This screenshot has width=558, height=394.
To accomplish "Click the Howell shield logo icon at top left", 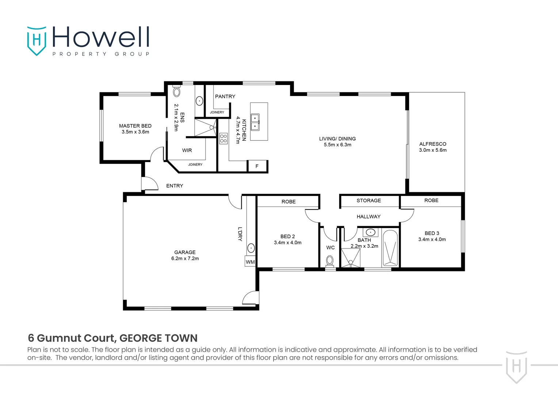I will [37, 40].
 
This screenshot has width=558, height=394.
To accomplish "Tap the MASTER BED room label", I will [135, 126].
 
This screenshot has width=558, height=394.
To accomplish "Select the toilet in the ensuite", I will [176, 91].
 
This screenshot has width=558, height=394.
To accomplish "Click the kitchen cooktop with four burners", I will [223, 138].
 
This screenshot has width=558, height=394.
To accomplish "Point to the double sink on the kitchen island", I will [255, 122].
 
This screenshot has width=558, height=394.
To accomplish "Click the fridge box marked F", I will [257, 166].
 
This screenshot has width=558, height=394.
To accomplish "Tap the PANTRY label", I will [225, 96].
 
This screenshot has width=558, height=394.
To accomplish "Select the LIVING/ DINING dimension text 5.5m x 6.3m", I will [337, 145].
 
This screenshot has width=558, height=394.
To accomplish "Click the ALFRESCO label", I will [433, 144].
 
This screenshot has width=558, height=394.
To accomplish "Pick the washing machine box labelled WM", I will [250, 262].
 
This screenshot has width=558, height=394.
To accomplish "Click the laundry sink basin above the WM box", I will [251, 248].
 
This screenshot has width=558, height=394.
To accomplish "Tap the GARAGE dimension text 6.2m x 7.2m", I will [185, 258].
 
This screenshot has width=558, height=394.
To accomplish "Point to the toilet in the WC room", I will [330, 261].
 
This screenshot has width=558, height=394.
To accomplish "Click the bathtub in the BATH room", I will [390, 248].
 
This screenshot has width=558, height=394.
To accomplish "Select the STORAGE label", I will [368, 200].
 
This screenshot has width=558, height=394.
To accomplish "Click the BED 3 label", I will [432, 233].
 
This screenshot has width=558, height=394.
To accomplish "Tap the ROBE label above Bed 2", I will [288, 201].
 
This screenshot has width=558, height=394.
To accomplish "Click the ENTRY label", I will [175, 186].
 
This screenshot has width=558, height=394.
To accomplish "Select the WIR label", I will [187, 150].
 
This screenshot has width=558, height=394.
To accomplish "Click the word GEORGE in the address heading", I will [141, 338].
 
